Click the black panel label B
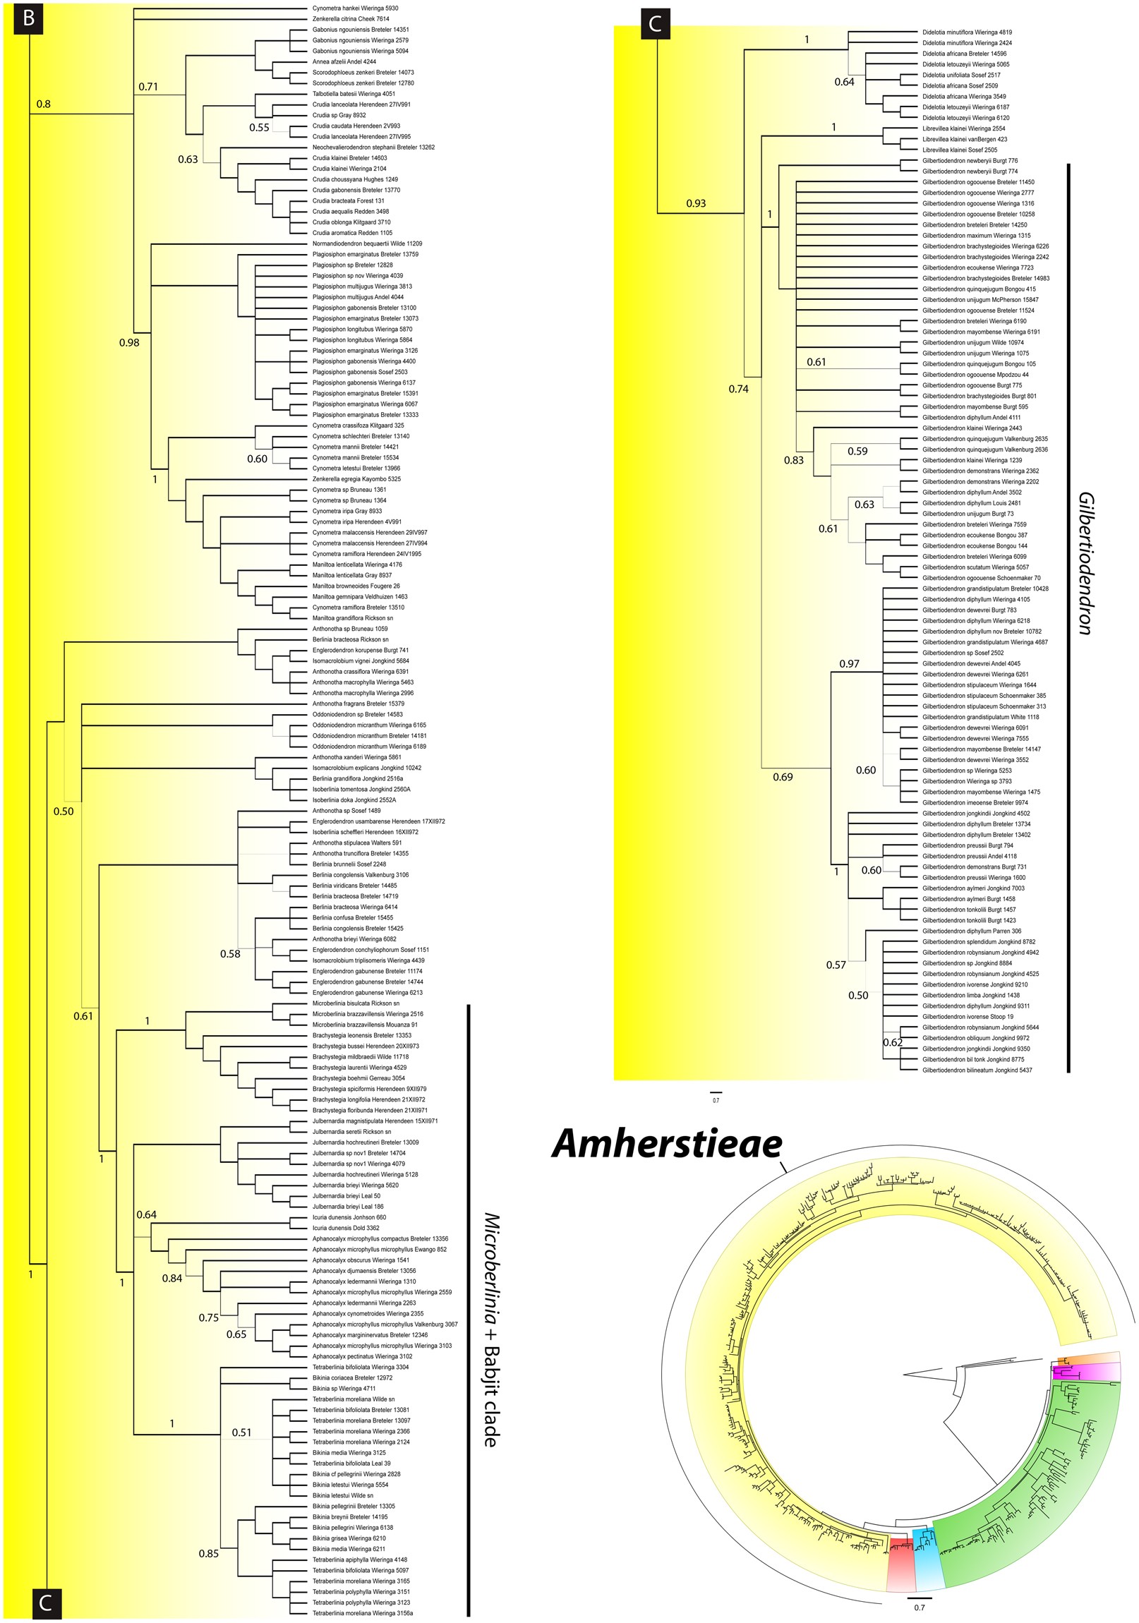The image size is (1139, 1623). pyautogui.click(x=28, y=18)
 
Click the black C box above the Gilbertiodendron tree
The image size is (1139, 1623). pyautogui.click(x=655, y=24)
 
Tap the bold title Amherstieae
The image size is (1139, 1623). pyautogui.click(x=667, y=1144)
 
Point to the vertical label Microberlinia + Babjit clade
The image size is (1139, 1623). pyautogui.click(x=492, y=1329)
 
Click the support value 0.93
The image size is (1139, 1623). pyautogui.click(x=696, y=204)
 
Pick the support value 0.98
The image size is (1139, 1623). pyautogui.click(x=128, y=343)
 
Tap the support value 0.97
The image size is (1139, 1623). pyautogui.click(x=849, y=664)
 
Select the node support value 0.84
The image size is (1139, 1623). pyautogui.click(x=171, y=1278)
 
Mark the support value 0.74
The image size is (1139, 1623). pyautogui.click(x=738, y=389)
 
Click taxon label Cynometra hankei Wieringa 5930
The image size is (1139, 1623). pyautogui.click(x=355, y=8)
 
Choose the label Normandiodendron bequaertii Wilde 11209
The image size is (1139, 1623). pyautogui.click(x=367, y=243)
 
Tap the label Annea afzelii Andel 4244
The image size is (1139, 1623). pyautogui.click(x=344, y=61)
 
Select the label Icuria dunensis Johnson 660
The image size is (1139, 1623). pyautogui.click(x=349, y=1217)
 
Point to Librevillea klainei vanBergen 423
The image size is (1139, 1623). pyautogui.click(x=965, y=139)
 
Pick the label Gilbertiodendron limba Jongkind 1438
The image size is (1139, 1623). pyautogui.click(x=971, y=994)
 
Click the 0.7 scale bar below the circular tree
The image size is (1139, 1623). pyautogui.click(x=919, y=1598)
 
